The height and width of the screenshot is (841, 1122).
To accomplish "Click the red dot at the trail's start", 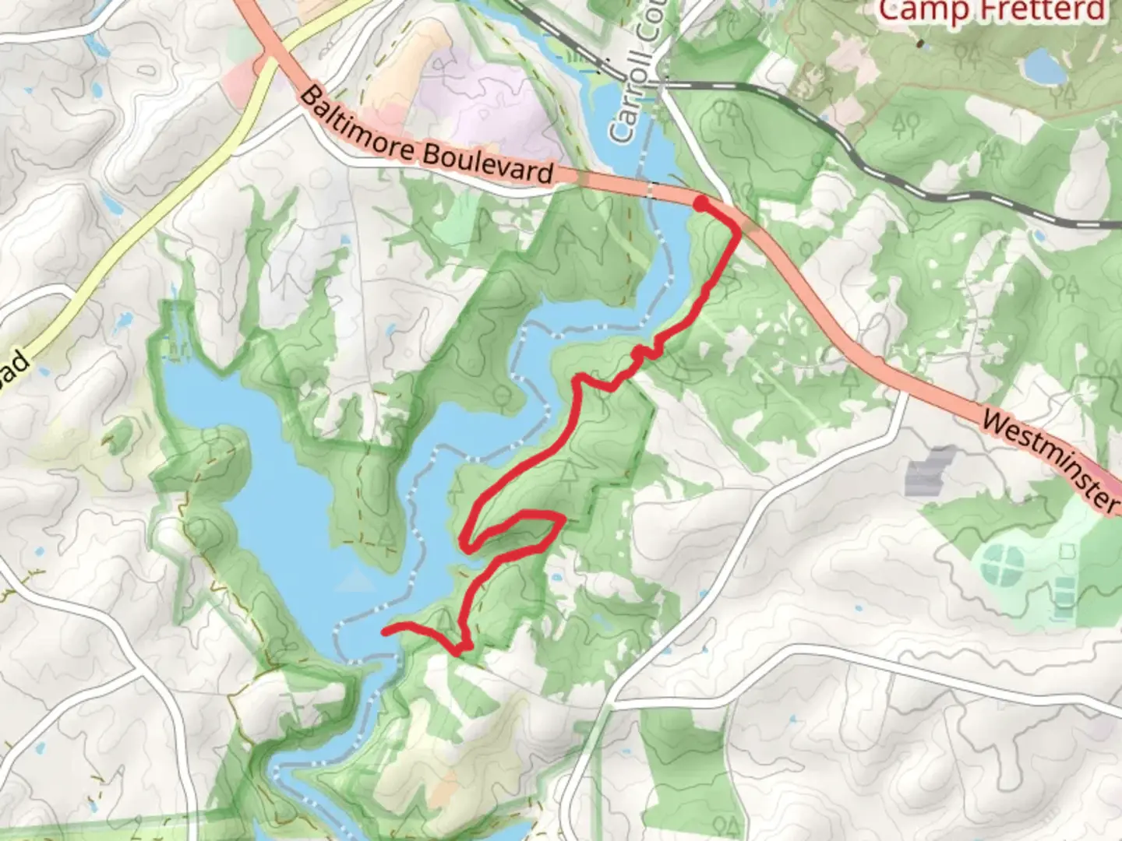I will pyautogui.click(x=701, y=204).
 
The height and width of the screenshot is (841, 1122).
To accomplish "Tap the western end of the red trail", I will pyautogui.click(x=385, y=631).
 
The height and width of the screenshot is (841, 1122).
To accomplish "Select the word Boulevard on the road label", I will pyautogui.click(x=489, y=162).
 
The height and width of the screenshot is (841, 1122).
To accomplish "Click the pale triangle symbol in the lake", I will pyautogui.click(x=356, y=579).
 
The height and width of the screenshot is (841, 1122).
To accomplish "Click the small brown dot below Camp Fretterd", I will pyautogui.click(x=920, y=44).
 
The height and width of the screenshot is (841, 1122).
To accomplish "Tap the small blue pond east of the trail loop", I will pyautogui.click(x=556, y=579).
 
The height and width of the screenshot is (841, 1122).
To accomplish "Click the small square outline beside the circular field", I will pyautogui.click(x=1065, y=551).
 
